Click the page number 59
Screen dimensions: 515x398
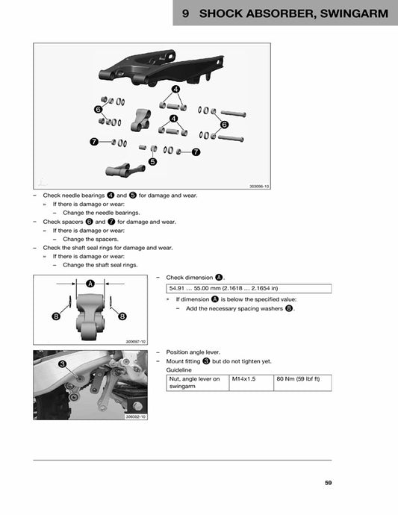click(328, 483)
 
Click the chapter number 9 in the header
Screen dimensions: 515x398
click(185, 13)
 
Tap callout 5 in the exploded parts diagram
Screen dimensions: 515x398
click(152, 160)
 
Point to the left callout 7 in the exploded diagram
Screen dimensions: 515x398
click(93, 141)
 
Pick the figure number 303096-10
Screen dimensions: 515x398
click(258, 187)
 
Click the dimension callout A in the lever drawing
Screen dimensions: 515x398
click(90, 284)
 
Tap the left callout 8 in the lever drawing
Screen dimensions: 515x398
click(56, 316)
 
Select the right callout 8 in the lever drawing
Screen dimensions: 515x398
click(121, 316)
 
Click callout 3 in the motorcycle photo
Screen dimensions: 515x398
click(63, 363)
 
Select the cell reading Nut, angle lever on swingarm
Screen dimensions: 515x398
click(196, 383)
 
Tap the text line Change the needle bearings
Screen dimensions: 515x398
click(101, 212)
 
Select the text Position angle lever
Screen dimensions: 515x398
click(193, 352)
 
